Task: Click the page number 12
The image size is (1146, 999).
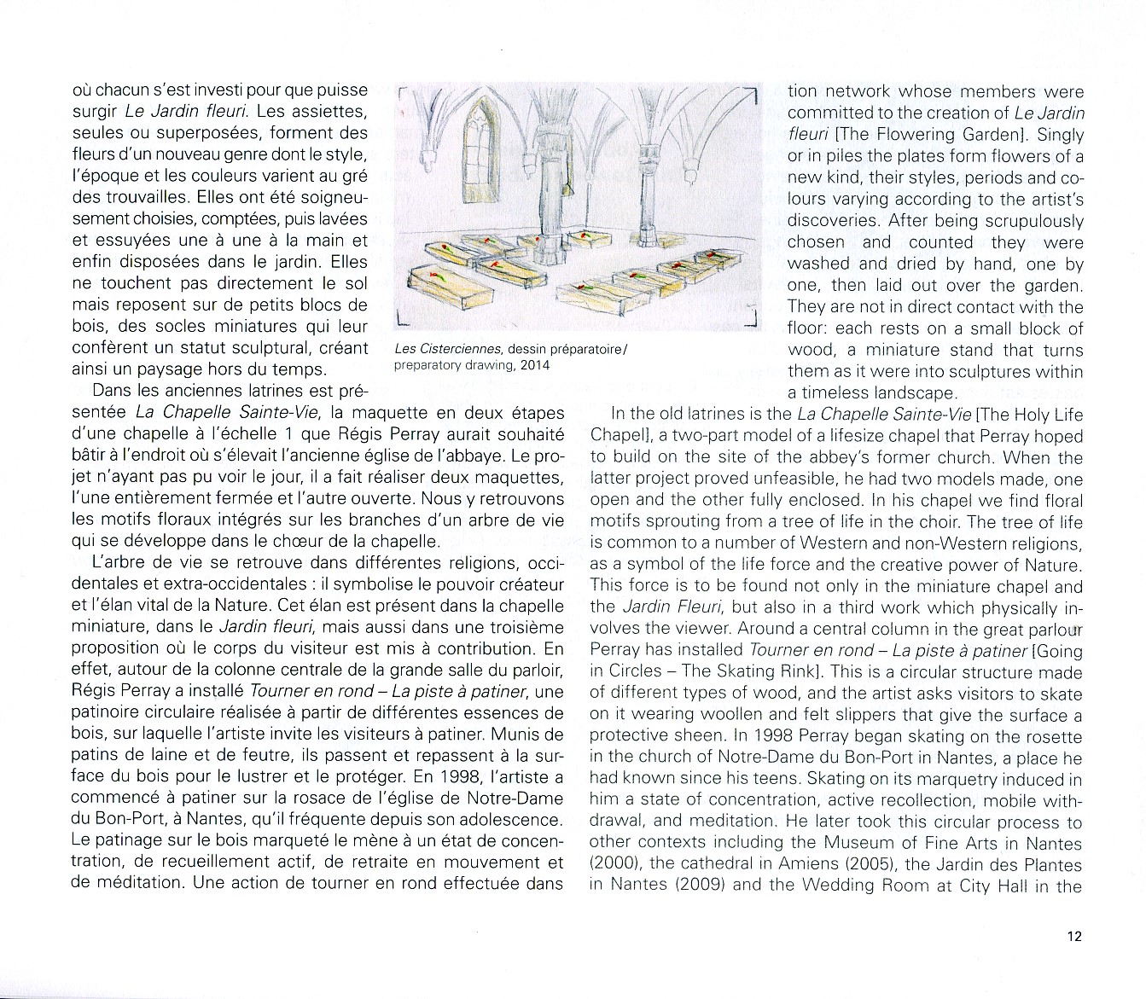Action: (x=1073, y=936)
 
